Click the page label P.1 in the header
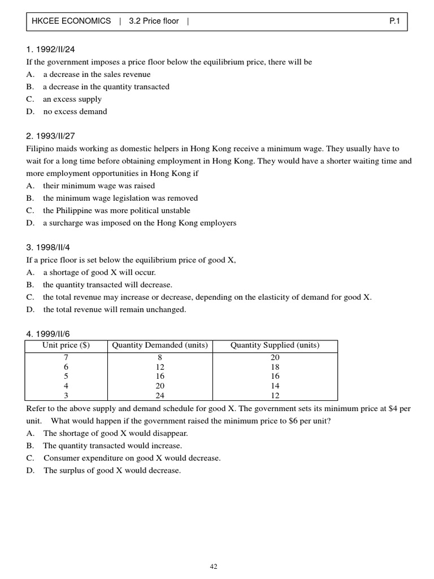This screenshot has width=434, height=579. (394, 21)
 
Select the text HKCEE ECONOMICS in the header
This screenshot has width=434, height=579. (71, 21)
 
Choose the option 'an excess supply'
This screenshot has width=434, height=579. (72, 99)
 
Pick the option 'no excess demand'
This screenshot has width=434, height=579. (75, 111)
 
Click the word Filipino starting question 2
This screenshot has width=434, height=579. (38, 149)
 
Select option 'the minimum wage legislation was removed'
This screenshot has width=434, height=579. (120, 198)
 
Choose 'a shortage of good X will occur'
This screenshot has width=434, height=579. (99, 273)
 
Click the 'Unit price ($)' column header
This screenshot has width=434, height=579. (66, 345)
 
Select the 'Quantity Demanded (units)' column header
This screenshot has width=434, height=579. (160, 345)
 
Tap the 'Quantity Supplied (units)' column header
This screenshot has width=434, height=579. (275, 345)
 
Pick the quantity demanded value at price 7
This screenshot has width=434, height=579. (160, 357)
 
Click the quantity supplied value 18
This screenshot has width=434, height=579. (275, 367)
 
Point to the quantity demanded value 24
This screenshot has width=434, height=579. (160, 396)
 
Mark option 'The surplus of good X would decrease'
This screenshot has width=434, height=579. (112, 470)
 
